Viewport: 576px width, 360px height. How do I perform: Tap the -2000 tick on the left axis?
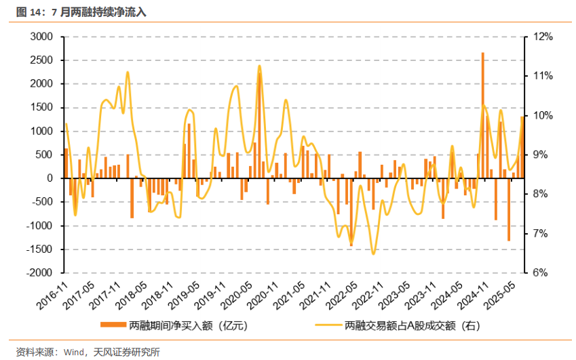40,273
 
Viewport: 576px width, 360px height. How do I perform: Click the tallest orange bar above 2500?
482,115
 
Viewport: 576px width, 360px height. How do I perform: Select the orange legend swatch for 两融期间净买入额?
114,325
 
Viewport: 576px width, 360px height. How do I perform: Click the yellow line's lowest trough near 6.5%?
373,254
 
